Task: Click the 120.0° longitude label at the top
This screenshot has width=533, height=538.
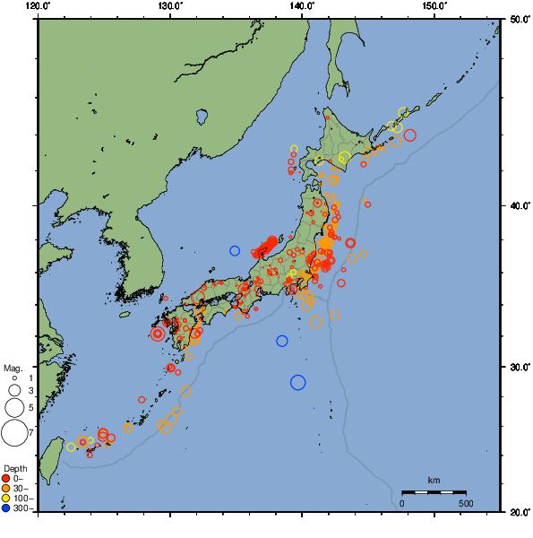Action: (39, 5)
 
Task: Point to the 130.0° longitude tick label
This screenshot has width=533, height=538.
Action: (170, 5)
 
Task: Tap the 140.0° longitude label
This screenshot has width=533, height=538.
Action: (302, 5)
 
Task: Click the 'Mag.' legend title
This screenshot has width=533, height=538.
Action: (12, 369)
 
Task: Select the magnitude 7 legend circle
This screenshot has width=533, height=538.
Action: (14, 433)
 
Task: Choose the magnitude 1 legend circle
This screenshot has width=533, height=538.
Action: (14, 378)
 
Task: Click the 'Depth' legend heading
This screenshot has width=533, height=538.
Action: (15, 469)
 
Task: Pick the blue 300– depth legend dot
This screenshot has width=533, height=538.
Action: (6, 508)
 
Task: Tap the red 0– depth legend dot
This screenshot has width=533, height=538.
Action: (6, 479)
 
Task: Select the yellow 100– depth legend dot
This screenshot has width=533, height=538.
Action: (6, 499)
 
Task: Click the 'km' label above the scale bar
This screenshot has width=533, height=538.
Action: (434, 481)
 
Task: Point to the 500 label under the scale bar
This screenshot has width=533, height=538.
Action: (466, 503)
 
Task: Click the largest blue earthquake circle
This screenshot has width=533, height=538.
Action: (298, 383)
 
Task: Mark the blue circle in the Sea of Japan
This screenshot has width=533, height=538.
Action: (235, 251)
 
